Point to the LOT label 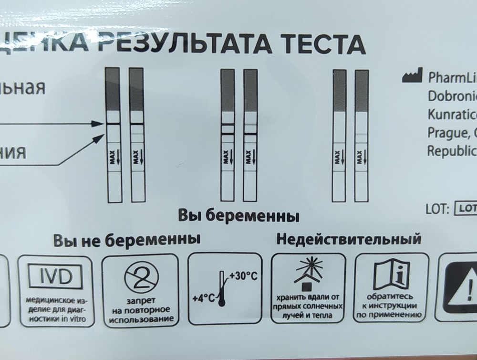tap(437, 209)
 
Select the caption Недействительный tap(349, 239)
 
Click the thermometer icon tap(221, 289)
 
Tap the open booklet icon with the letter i tap(391, 273)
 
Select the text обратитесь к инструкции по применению tap(391, 306)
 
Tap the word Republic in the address tap(451, 151)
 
